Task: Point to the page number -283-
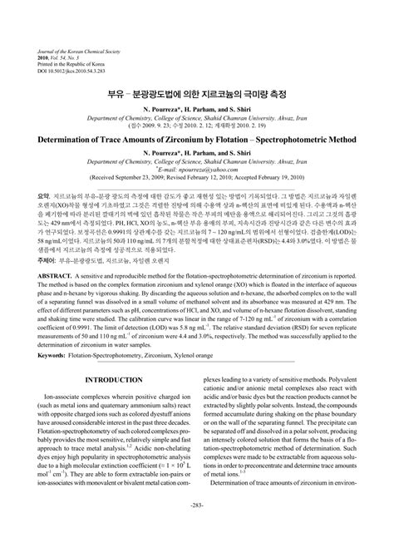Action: click(197, 529)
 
